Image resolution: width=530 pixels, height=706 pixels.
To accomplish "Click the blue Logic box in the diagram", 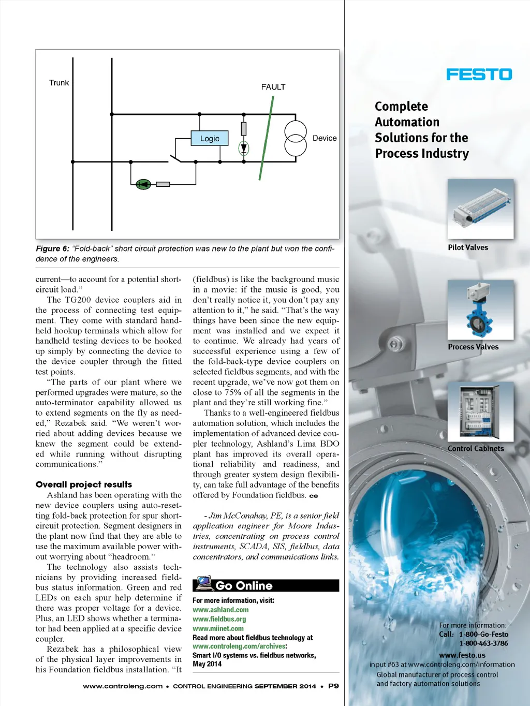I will pyautogui.click(x=210, y=138).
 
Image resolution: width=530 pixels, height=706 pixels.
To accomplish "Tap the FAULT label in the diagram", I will pyautogui.click(x=273, y=87).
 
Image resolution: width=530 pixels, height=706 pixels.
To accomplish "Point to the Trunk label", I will pyautogui.click(x=59, y=83).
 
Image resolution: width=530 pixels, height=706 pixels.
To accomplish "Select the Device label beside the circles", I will pyautogui.click(x=325, y=138).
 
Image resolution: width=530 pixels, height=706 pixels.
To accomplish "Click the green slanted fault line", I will pyautogui.click(x=266, y=138).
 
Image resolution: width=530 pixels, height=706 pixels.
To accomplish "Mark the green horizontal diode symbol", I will pyautogui.click(x=143, y=184).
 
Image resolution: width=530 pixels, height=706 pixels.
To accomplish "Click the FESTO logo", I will pyautogui.click(x=479, y=75).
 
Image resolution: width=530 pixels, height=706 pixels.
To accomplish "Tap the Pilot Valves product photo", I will pyautogui.click(x=480, y=209).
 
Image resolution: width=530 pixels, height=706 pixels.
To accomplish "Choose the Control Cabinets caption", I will pyautogui.click(x=476, y=449).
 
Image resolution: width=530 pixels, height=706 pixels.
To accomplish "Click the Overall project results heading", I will pyautogui.click(x=84, y=484).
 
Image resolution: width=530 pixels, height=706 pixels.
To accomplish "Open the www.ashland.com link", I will pyautogui.click(x=220, y=610).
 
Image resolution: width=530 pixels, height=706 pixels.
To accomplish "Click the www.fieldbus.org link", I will pyautogui.click(x=219, y=619).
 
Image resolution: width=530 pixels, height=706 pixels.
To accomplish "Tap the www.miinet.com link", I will pyautogui.click(x=218, y=628).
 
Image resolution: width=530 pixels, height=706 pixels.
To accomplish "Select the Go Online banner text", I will pyautogui.click(x=244, y=585).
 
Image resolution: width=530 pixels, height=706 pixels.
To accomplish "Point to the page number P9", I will pyautogui.click(x=333, y=686).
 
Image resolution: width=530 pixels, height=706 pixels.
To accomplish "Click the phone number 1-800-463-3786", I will pyautogui.click(x=483, y=643).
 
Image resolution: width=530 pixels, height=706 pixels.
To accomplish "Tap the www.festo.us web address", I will pyautogui.click(x=462, y=655).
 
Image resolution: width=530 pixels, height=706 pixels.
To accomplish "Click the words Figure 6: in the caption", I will pyautogui.click(x=52, y=249).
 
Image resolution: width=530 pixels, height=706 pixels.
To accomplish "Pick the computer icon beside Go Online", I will pyautogui.click(x=204, y=583).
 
